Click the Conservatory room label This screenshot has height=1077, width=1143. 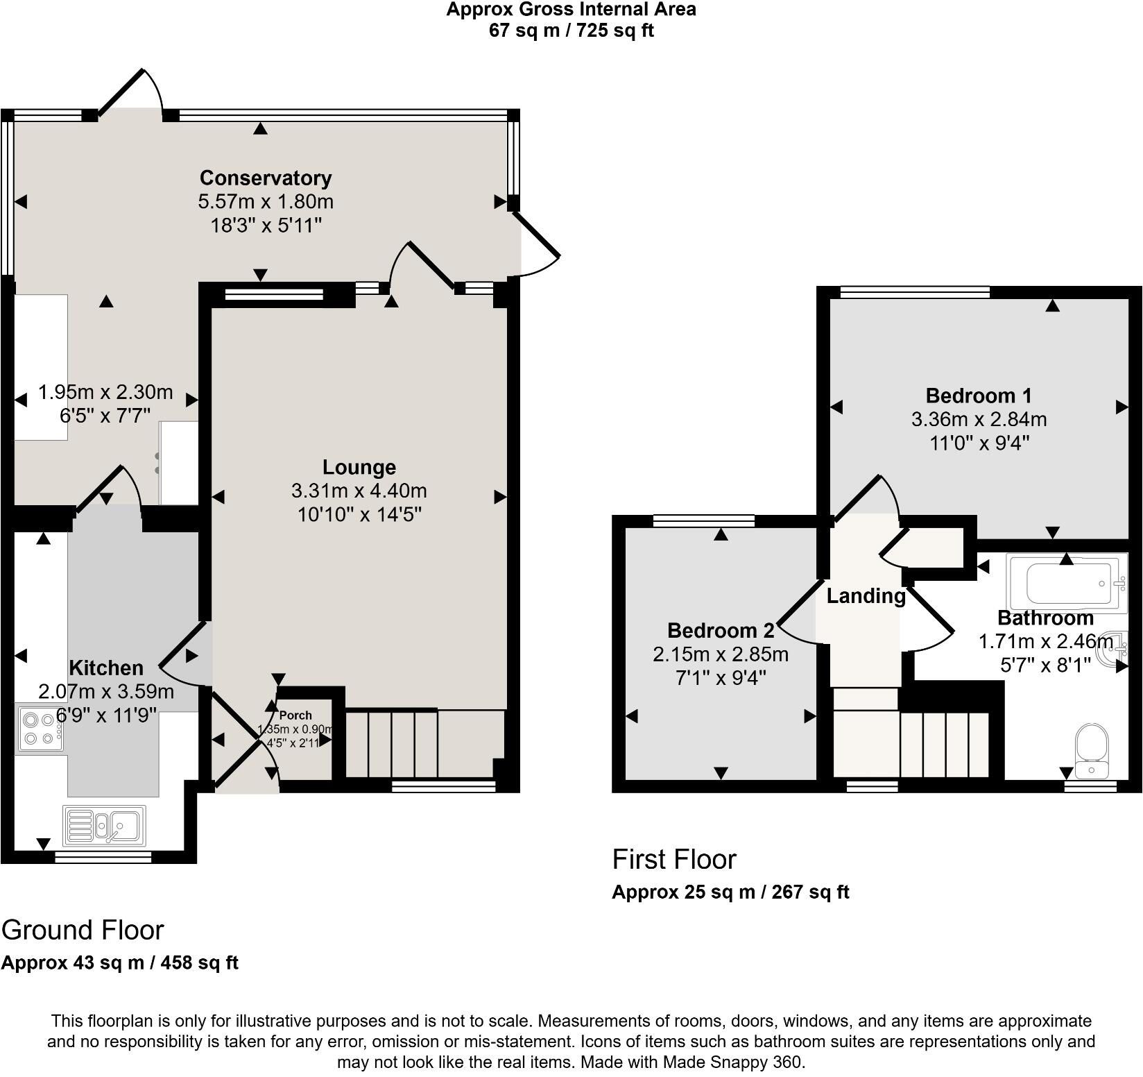pyautogui.click(x=266, y=178)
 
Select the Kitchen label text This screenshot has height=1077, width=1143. pyautogui.click(x=106, y=668)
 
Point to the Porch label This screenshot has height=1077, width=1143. pyautogui.click(x=295, y=715)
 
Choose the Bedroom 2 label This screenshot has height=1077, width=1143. pyautogui.click(x=721, y=631)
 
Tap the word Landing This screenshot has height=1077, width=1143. pyautogui.click(x=866, y=596)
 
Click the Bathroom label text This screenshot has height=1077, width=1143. pyautogui.click(x=1045, y=618)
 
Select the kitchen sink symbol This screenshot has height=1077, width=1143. pyautogui.click(x=104, y=826)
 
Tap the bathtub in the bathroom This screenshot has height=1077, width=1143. pyautogui.click(x=1067, y=584)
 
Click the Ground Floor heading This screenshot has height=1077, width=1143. pyautogui.click(x=83, y=930)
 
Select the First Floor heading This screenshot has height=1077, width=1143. pyautogui.click(x=674, y=859)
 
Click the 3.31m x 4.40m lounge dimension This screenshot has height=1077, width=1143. pyautogui.click(x=359, y=491)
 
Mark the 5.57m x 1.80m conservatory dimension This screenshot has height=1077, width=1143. pyautogui.click(x=266, y=202)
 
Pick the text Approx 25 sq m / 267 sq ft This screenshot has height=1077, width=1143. pyautogui.click(x=730, y=892)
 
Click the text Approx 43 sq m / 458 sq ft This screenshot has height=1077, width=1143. pyautogui.click(x=120, y=962)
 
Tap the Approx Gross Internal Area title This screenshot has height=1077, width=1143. pyautogui.click(x=571, y=10)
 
